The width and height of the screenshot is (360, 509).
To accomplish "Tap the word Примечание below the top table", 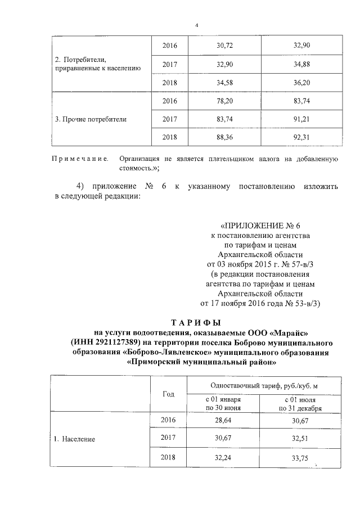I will tap(80, 160).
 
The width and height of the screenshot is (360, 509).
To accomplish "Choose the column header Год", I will tap(168, 394).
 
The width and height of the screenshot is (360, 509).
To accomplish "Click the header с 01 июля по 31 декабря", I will tap(296, 404).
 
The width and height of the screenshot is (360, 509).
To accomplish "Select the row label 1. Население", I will tap(79, 439).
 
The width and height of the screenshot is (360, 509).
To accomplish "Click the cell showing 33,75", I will tap(296, 457).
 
